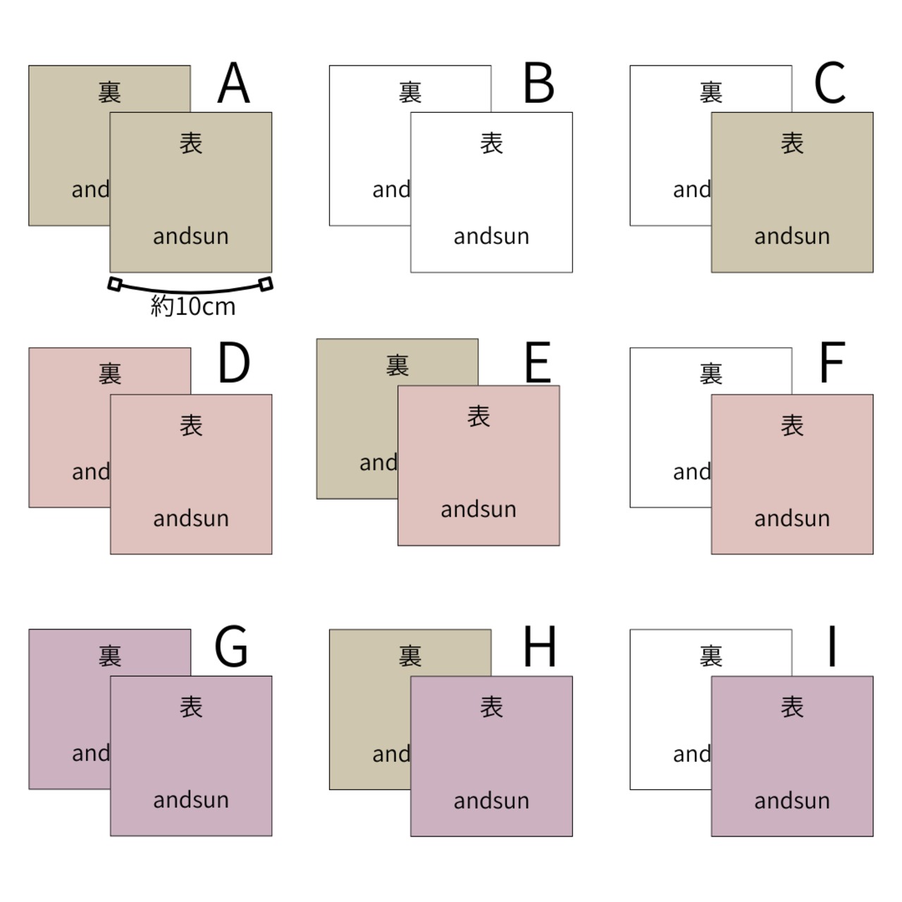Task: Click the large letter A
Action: coord(233,83)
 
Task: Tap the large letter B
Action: coord(539,83)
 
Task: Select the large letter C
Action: coord(830,83)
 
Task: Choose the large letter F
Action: coord(832,364)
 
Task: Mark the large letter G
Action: coord(231,646)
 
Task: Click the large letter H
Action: coord(540,646)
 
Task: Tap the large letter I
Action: coord(832,646)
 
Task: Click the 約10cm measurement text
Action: coord(192,307)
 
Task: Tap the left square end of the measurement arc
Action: coord(115,284)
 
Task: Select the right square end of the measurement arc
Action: coord(266,284)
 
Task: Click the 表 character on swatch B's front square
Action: coord(491,144)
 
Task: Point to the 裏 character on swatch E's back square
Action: coord(397,365)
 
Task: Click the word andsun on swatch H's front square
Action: coord(491,801)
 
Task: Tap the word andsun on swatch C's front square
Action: coord(792,236)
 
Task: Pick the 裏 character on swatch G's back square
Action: coord(110,656)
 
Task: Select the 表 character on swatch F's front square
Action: coord(792,426)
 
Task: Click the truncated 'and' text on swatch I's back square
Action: coord(691,754)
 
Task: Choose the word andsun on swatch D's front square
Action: coord(191,519)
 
